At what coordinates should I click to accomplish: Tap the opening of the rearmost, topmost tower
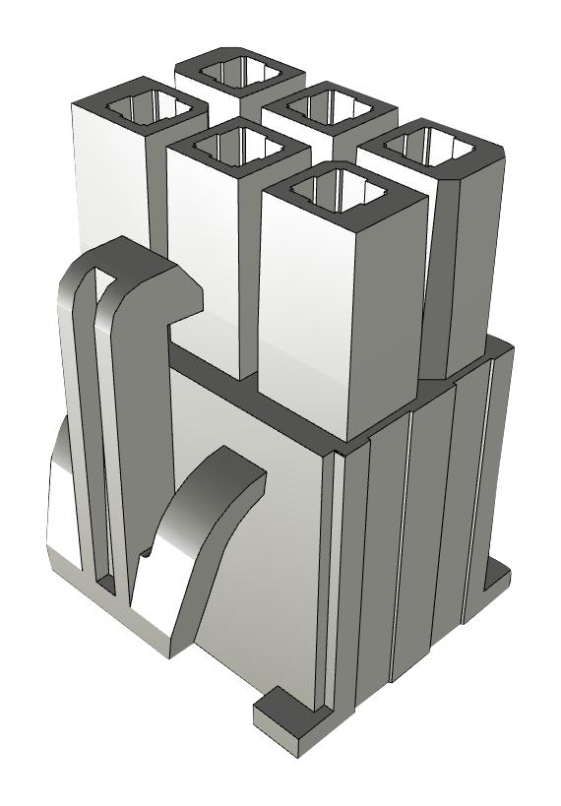pos(240,71)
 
